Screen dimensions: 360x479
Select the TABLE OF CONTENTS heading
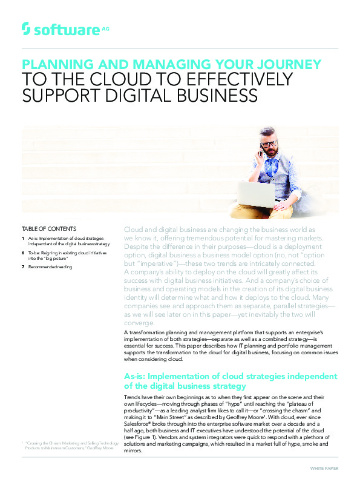(49, 229)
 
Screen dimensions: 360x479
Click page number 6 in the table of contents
(22, 252)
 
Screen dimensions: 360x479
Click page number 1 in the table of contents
(22, 239)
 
